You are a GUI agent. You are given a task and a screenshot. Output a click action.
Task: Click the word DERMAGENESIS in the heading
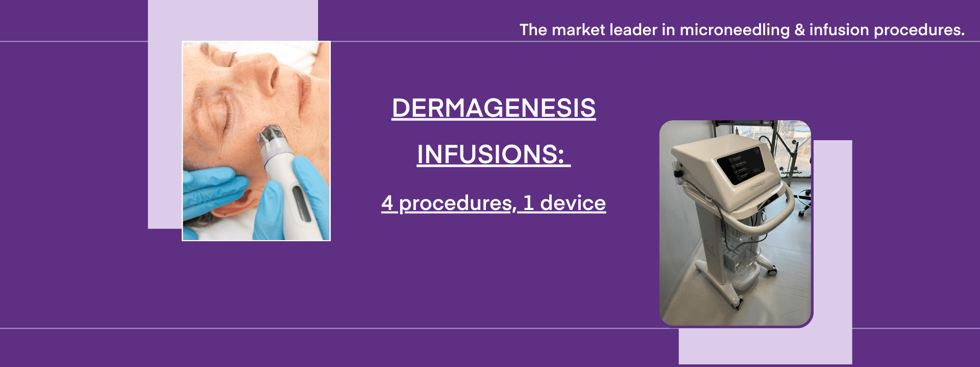494,108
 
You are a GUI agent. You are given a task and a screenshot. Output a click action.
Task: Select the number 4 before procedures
387,203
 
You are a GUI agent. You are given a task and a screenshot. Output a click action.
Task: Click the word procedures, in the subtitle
456,203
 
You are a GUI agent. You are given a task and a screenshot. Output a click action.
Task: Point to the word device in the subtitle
573,203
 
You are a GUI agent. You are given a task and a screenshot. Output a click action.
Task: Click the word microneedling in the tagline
734,30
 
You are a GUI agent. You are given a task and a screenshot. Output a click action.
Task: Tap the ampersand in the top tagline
799,30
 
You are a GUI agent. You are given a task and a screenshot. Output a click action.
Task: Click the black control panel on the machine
740,163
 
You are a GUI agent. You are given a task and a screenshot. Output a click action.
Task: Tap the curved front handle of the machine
766,209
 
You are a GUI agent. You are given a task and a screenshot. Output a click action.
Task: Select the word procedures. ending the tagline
919,30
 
